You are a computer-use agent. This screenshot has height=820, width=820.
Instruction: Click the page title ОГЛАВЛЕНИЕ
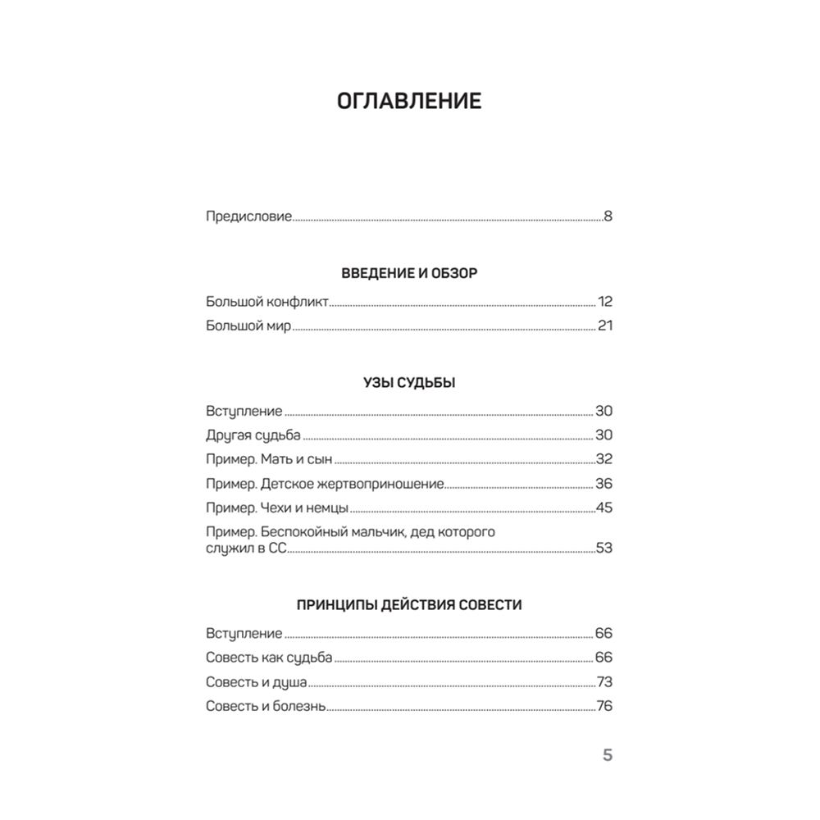tap(409, 102)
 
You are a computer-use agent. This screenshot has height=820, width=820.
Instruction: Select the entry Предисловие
tap(248, 217)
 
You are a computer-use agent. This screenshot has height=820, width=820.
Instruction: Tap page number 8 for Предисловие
tap(608, 217)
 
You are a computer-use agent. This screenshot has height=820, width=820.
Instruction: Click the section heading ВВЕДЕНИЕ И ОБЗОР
tap(409, 274)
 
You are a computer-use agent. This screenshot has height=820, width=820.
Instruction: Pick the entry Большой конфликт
tap(267, 302)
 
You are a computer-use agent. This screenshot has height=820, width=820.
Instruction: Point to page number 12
tap(605, 302)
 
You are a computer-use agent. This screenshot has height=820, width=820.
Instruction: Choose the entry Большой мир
tap(248, 326)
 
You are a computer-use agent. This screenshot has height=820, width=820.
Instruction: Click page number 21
tap(605, 326)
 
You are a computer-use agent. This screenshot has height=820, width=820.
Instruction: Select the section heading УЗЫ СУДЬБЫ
tap(409, 383)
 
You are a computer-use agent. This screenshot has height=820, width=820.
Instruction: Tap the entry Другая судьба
tap(254, 435)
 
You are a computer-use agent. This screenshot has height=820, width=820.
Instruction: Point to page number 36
tap(604, 484)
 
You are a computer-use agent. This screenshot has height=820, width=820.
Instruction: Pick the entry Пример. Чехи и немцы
tap(279, 508)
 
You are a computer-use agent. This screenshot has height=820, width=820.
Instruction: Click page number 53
tap(604, 548)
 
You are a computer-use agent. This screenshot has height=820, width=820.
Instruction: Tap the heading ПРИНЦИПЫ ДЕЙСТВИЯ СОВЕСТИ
tap(409, 605)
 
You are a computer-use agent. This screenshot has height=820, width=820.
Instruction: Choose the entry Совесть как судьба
tap(269, 658)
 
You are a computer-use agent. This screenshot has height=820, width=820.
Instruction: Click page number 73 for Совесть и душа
tap(604, 682)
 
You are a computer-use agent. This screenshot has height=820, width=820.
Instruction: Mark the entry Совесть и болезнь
tap(266, 706)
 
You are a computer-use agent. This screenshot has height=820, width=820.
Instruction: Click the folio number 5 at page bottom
tap(608, 755)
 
